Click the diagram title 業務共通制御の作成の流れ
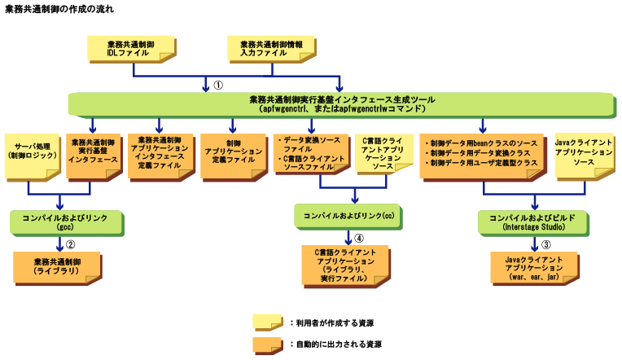coord(59,10)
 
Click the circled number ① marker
coord(218,84)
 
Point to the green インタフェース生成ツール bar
coord(339,103)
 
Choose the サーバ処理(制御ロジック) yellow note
coord(31,154)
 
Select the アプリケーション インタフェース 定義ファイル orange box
coord(159,153)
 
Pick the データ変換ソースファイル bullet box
coord(309,153)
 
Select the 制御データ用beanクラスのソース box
coord(482,153)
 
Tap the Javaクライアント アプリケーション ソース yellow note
coord(582,153)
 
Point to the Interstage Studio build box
coord(533,222)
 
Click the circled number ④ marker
coord(358,239)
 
